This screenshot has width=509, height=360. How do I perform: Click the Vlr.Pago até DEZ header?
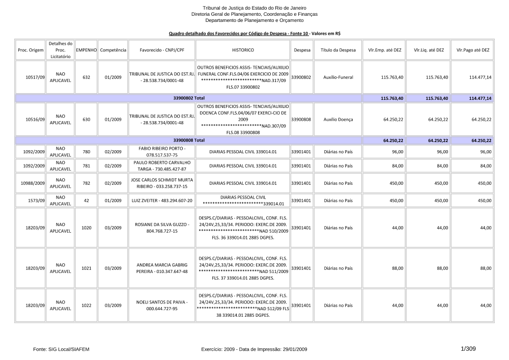pos(473,50)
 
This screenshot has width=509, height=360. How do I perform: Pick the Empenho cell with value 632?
pos(86,77)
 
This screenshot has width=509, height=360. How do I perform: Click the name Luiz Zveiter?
pos(162,201)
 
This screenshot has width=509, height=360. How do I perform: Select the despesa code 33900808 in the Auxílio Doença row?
pos(301,119)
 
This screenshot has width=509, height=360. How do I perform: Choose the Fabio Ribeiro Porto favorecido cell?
pos(162,151)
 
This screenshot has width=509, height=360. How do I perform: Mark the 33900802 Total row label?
pos(188,98)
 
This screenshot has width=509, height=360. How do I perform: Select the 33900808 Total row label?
pos(188,140)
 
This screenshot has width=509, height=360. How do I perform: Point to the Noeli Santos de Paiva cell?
pos(162,306)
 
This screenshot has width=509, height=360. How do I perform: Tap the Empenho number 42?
pos(86,201)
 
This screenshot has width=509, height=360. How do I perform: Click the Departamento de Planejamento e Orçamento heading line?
pos(254,20)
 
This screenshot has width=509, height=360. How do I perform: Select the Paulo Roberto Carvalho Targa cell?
pos(162,165)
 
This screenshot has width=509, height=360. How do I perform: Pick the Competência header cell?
pos(113,50)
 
